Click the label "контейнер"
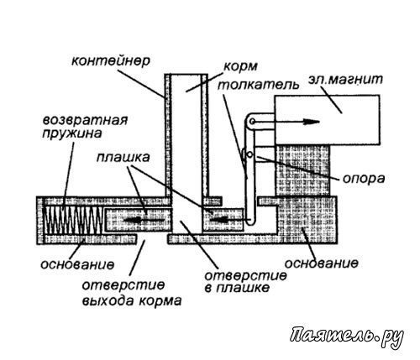(111, 61)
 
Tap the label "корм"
(240, 67)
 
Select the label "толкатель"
(258, 84)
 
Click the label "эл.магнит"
(345, 80)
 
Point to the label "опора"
(364, 178)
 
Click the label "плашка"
(123, 158)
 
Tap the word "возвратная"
(85, 121)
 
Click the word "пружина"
(71, 134)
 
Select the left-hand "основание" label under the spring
(77, 264)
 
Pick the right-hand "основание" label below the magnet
(322, 263)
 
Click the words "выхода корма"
(132, 301)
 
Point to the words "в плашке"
(237, 288)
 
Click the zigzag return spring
(73, 220)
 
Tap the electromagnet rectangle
(328, 120)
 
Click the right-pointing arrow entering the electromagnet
(286, 122)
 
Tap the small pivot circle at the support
(250, 154)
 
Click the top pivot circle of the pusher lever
(252, 122)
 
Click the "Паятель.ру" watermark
(347, 336)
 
